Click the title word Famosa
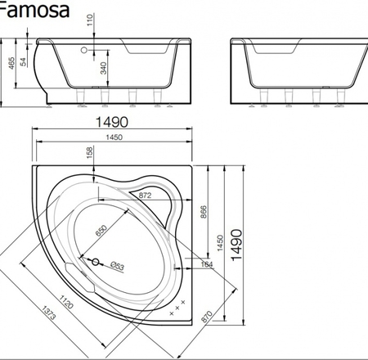pyautogui.click(x=34, y=10)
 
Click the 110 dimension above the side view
pyautogui.click(x=90, y=20)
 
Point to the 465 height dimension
pyautogui.click(x=11, y=63)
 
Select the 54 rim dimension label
pyautogui.click(x=24, y=62)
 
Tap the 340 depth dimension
pyautogui.click(x=104, y=68)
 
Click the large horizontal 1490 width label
pyautogui.click(x=112, y=122)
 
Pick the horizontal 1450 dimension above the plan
pyautogui.click(x=114, y=137)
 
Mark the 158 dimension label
pyautogui.click(x=89, y=152)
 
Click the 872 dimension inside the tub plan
pyautogui.click(x=145, y=196)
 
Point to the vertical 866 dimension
pyautogui.click(x=204, y=212)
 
